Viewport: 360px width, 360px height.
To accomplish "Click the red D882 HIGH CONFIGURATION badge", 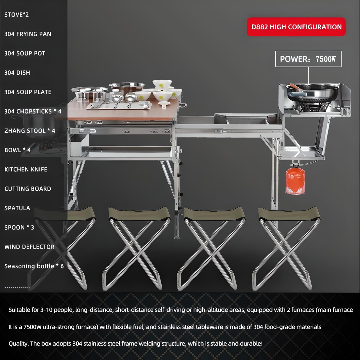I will (x=296, y=27).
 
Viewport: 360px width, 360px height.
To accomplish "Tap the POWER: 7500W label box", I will (x=308, y=59).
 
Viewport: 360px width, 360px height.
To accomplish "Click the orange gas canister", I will (x=295, y=181).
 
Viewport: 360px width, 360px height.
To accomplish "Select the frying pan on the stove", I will (x=313, y=92).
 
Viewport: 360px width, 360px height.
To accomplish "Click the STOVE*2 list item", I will (x=16, y=15).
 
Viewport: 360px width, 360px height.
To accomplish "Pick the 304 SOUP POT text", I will (x=25, y=53).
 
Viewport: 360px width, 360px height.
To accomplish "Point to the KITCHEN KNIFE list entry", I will (x=26, y=170).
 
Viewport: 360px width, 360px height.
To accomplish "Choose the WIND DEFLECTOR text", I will (x=29, y=247).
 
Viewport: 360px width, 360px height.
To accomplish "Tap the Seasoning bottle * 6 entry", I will (x=34, y=266).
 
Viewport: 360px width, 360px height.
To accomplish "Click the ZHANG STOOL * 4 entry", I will (x=30, y=131).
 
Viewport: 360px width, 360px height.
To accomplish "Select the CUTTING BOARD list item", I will (x=28, y=189).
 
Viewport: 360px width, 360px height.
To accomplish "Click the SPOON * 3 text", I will (x=19, y=228).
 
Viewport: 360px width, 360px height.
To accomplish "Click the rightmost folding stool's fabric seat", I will (x=289, y=213).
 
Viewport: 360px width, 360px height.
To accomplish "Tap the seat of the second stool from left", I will (x=139, y=213).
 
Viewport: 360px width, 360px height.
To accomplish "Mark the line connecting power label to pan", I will (x=308, y=75).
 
